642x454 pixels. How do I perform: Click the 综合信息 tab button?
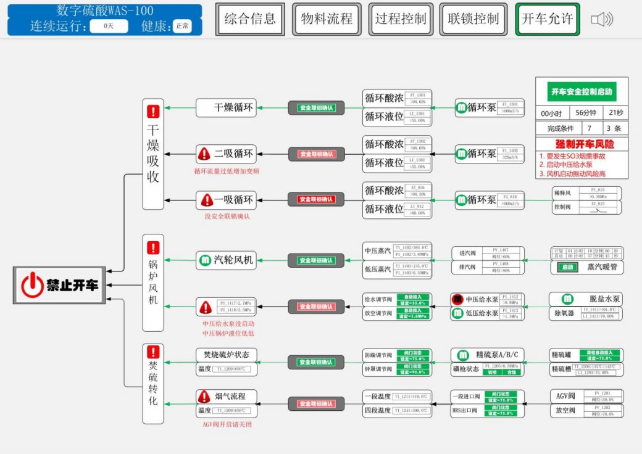pos(250,19)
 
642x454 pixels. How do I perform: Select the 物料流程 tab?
pos(327,19)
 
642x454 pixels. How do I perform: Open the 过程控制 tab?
pos(401,19)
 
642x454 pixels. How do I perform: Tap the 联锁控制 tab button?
pos(473,19)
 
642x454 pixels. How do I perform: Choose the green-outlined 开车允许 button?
pos(548,19)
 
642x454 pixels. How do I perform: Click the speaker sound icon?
pos(602,20)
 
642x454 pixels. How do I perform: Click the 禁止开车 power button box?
pos(60,286)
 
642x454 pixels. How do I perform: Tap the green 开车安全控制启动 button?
pos(582,93)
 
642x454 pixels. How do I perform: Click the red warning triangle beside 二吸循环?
pos(204,154)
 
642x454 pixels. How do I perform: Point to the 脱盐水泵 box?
pos(586,299)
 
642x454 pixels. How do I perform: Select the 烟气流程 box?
pos(227,397)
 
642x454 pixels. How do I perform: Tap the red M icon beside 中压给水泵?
pos(457,300)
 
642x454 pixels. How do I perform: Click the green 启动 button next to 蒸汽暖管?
pos(567,268)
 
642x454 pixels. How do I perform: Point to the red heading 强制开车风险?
pos(582,144)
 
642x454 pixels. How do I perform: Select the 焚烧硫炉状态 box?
pos(227,355)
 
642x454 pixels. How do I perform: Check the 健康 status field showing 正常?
pos(182,26)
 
